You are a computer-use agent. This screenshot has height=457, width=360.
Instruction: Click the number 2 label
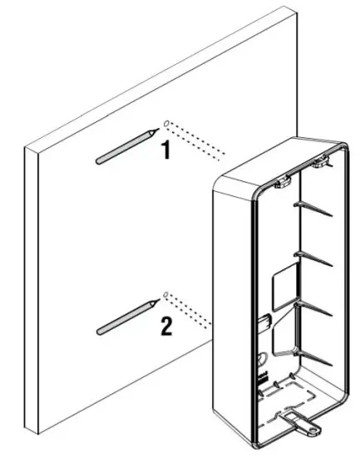tap(166, 326)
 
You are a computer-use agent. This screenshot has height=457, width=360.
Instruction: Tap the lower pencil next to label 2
tap(126, 317)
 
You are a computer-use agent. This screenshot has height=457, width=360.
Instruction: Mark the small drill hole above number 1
tap(167, 124)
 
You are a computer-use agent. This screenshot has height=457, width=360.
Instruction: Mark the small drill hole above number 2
tap(167, 294)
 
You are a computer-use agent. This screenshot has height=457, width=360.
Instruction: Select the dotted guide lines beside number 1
tap(200, 140)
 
